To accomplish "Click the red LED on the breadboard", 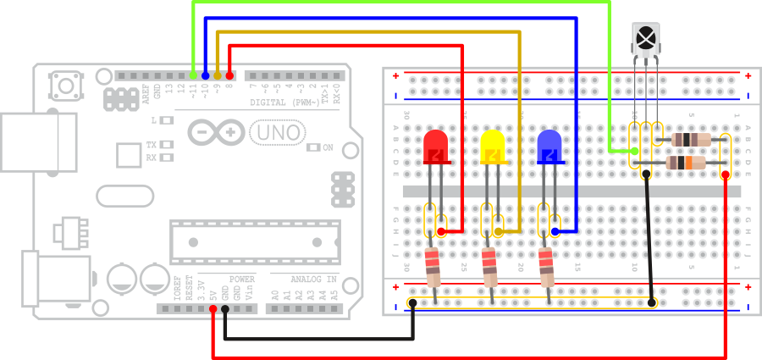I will tap(435, 147).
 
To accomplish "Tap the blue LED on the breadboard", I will tap(549, 147).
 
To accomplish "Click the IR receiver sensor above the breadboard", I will tap(645, 39).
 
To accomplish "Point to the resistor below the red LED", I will tap(433, 267).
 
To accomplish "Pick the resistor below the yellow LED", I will tap(489, 267).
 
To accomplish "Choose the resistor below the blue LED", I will tap(546, 267).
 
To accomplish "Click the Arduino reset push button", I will tap(63, 85).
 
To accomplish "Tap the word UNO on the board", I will tap(276, 132).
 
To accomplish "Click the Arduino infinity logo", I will tap(216, 132).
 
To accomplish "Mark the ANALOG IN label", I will tap(313, 279).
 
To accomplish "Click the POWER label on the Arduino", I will tap(241, 279).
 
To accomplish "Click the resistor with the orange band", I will tap(686, 163).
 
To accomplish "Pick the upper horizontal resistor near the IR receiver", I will tap(690, 139).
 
